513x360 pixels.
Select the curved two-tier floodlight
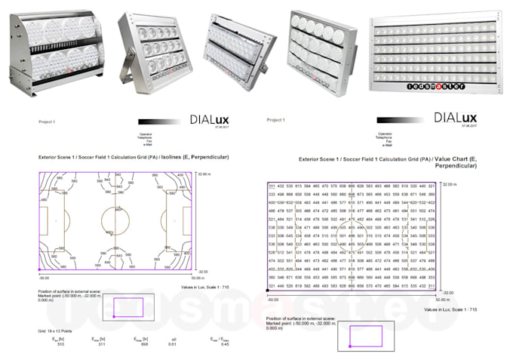54,50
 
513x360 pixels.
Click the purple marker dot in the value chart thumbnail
350,346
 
